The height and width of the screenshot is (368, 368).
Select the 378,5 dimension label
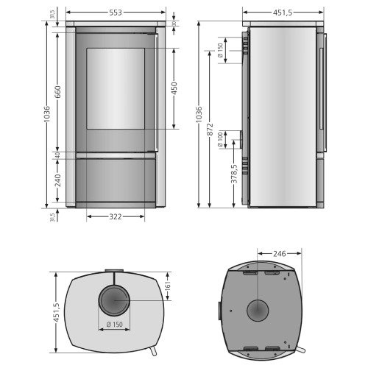(x=234, y=177)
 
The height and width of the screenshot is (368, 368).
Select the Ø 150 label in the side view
(x=222, y=51)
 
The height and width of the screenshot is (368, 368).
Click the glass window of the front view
(x=116, y=88)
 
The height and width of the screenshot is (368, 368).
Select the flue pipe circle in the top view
(x=113, y=301)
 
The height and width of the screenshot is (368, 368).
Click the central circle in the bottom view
(x=258, y=311)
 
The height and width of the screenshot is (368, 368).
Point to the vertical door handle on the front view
(x=157, y=92)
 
